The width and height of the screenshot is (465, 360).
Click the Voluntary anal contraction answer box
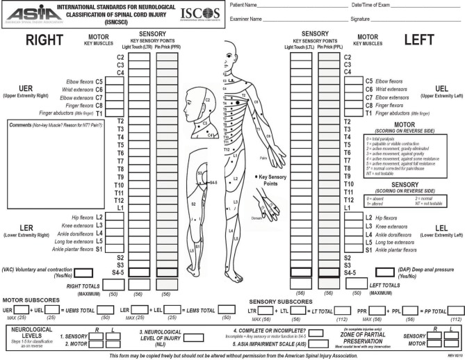pyautogui.click(x=83, y=273)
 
